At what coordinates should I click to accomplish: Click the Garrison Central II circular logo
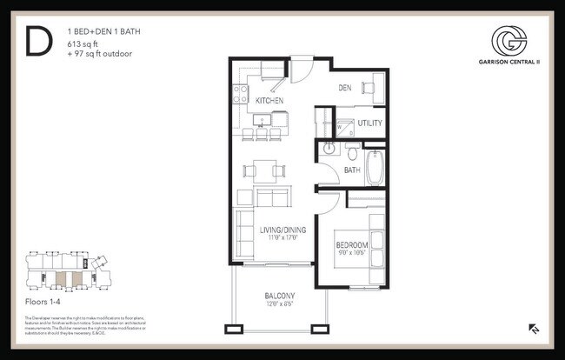pos(508,40)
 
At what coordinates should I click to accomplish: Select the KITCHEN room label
pos(270,101)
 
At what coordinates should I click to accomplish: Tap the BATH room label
pos(351,170)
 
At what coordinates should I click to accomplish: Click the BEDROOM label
pos(352,246)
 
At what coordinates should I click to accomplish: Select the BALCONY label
pos(280,296)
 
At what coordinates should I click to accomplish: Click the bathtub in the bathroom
pos(375,167)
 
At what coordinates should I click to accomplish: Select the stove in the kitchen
pos(241,93)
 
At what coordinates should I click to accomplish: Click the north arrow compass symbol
pos(532,329)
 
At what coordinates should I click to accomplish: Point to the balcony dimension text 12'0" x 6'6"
pos(280,305)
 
